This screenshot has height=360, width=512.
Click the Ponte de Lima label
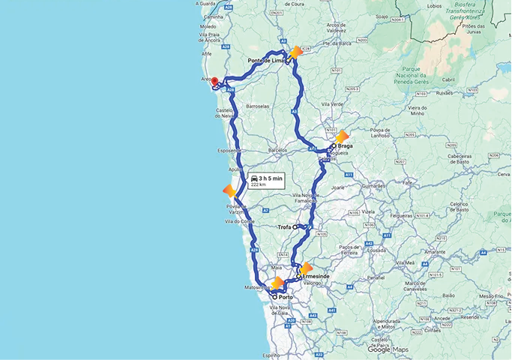click(266, 60)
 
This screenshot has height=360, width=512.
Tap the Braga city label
click(345, 146)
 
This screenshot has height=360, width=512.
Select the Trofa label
click(284, 226)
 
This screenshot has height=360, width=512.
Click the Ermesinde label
click(316, 276)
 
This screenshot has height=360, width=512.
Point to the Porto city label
click(286, 297)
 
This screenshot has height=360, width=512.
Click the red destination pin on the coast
click(214, 82)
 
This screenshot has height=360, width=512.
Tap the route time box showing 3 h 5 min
click(267, 181)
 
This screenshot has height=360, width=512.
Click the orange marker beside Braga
click(343, 137)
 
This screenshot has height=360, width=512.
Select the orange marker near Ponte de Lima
click(296, 52)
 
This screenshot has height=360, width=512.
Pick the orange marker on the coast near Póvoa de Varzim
click(230, 190)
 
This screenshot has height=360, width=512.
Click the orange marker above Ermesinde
click(306, 268)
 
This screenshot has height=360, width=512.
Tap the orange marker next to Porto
click(277, 283)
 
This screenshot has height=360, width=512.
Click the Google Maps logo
click(388, 349)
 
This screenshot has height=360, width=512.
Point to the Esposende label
click(229, 151)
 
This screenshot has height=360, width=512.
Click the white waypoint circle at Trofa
click(296, 226)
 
